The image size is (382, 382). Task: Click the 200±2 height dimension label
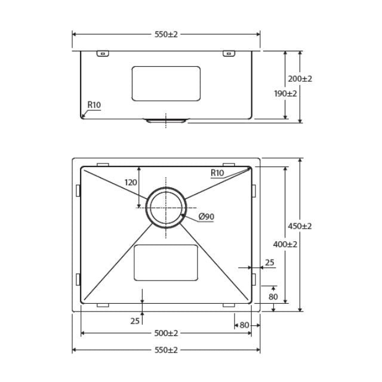(301, 79)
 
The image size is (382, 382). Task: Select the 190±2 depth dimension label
(285, 93)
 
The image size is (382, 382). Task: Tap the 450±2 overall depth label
(301, 226)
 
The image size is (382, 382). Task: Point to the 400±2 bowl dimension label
(285, 244)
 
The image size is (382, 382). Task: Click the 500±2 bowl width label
(166, 333)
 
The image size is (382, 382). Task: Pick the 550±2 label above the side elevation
(166, 35)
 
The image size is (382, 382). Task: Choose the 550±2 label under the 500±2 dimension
(166, 350)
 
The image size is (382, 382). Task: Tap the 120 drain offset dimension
(131, 183)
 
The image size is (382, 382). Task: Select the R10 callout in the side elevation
(94, 105)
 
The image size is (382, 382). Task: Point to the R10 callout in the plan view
(217, 173)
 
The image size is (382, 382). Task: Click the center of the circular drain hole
(166, 207)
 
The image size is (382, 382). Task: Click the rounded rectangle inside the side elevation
(166, 83)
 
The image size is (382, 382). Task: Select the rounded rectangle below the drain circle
(166, 263)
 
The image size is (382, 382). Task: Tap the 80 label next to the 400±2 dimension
(273, 297)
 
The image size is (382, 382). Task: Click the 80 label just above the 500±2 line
(244, 325)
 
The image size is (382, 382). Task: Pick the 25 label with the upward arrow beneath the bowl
(134, 321)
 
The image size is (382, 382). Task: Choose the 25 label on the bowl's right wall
(270, 262)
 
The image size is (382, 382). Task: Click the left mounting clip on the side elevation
(103, 54)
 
